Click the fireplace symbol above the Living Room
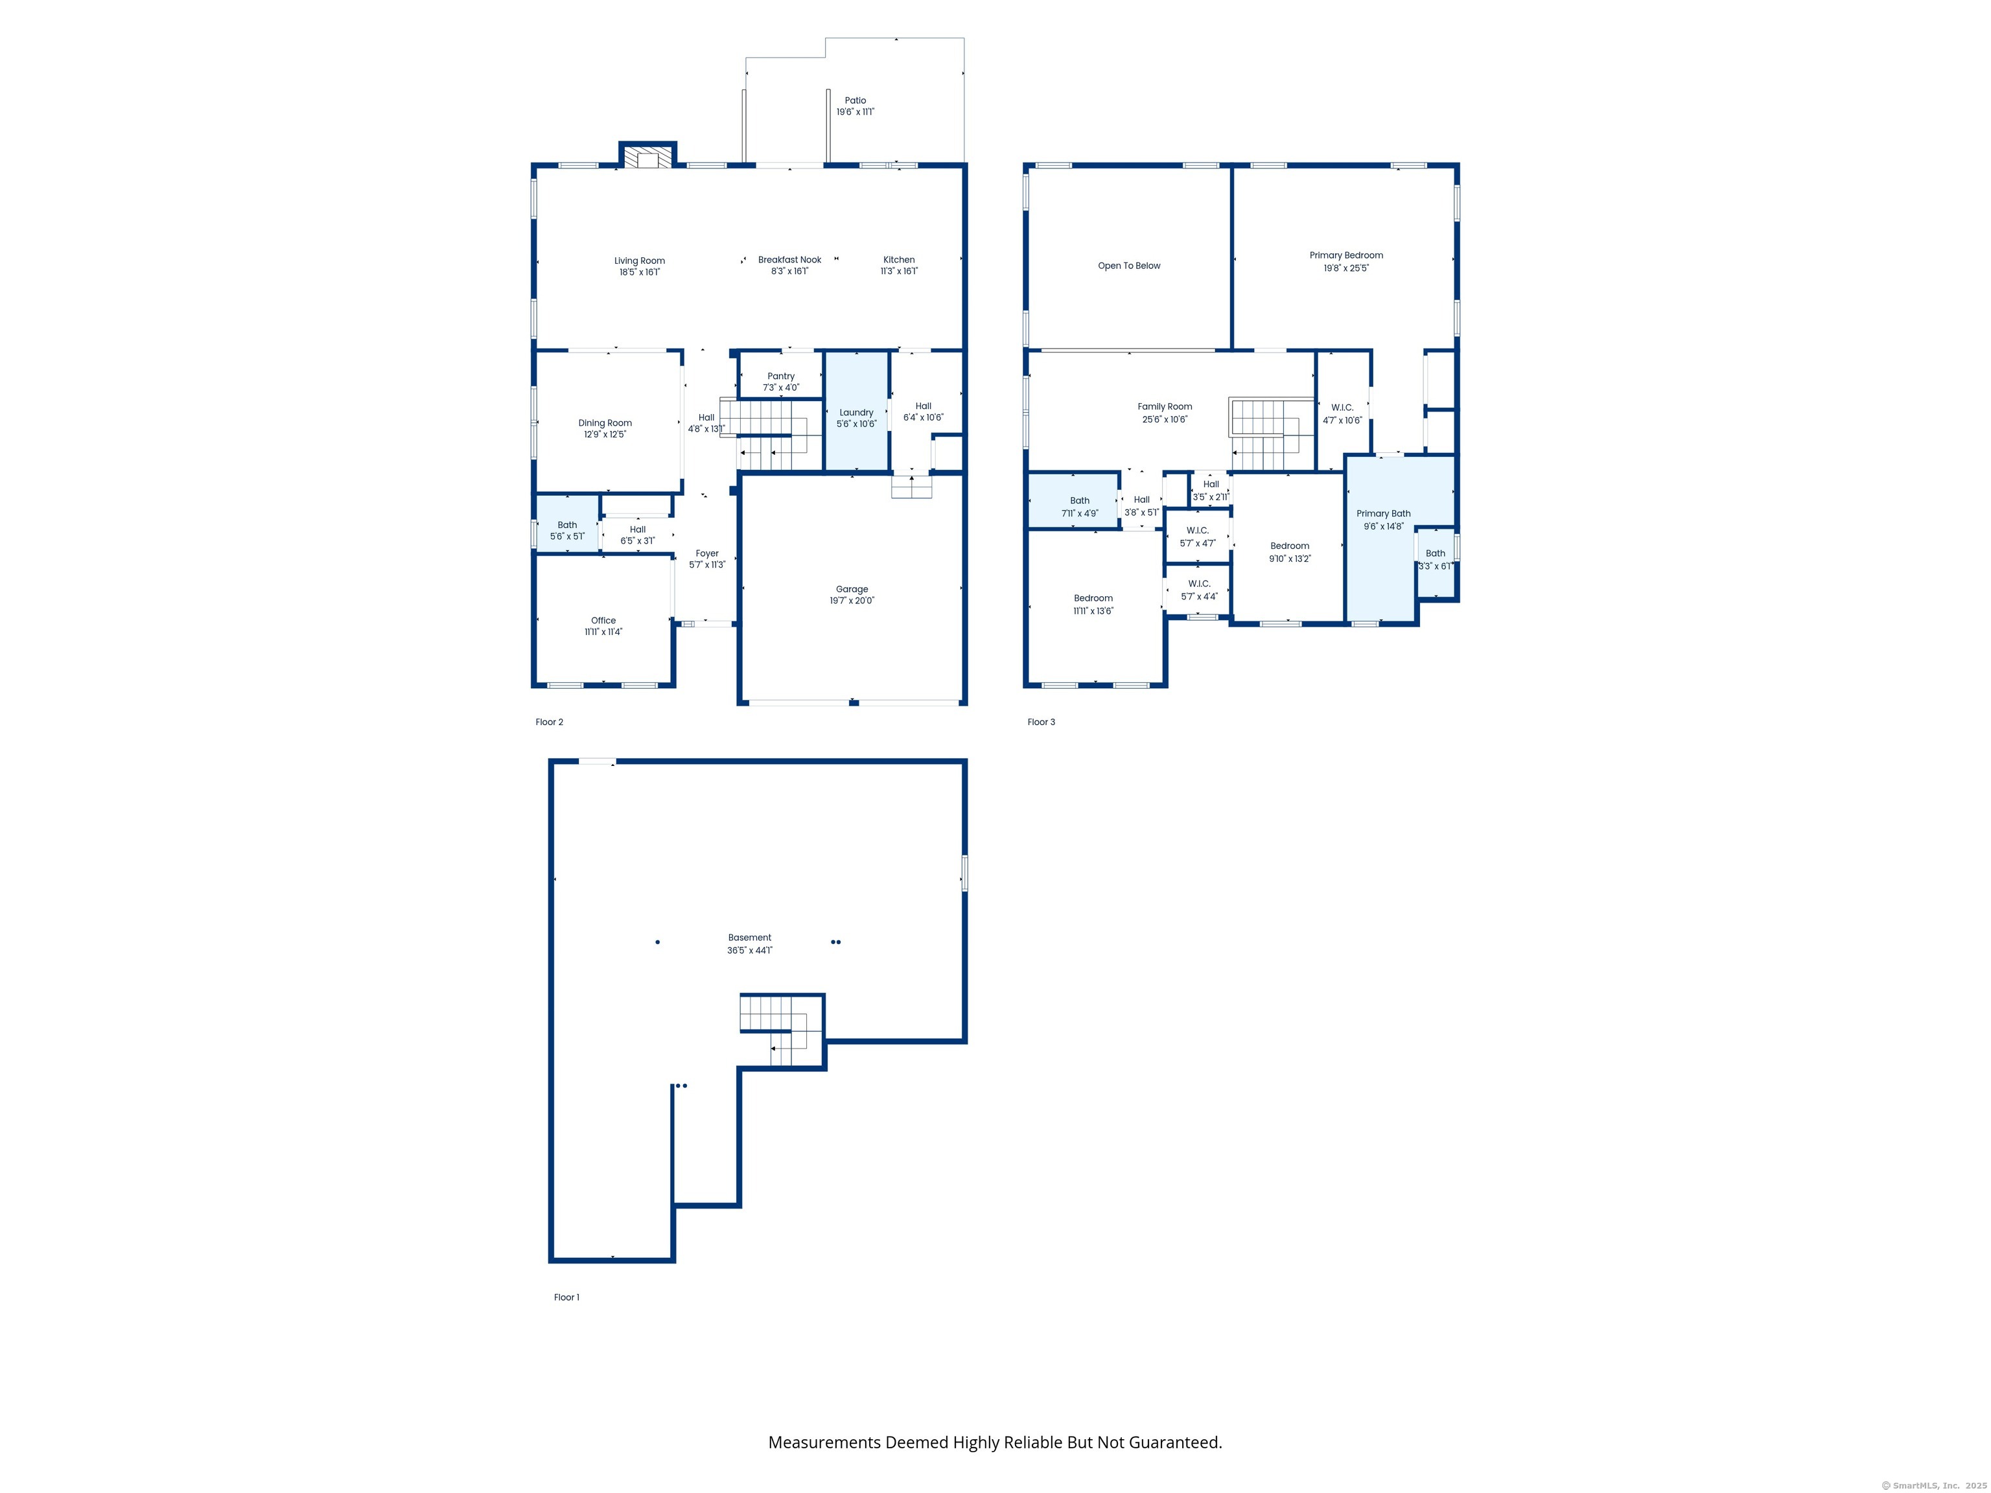tap(647, 157)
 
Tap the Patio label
tap(855, 101)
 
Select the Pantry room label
tap(780, 376)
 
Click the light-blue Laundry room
tap(856, 410)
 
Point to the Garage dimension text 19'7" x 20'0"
tap(852, 600)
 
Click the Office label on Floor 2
tap(603, 620)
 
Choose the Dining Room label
tap(605, 423)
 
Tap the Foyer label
tap(706, 553)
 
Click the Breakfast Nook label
tap(789, 259)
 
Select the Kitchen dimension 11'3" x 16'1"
tap(898, 271)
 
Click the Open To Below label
tap(1129, 266)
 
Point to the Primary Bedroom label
tap(1345, 255)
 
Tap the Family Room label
tap(1165, 407)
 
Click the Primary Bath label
tap(1384, 514)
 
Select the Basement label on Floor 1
tap(750, 938)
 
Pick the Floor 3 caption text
tap(1042, 722)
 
